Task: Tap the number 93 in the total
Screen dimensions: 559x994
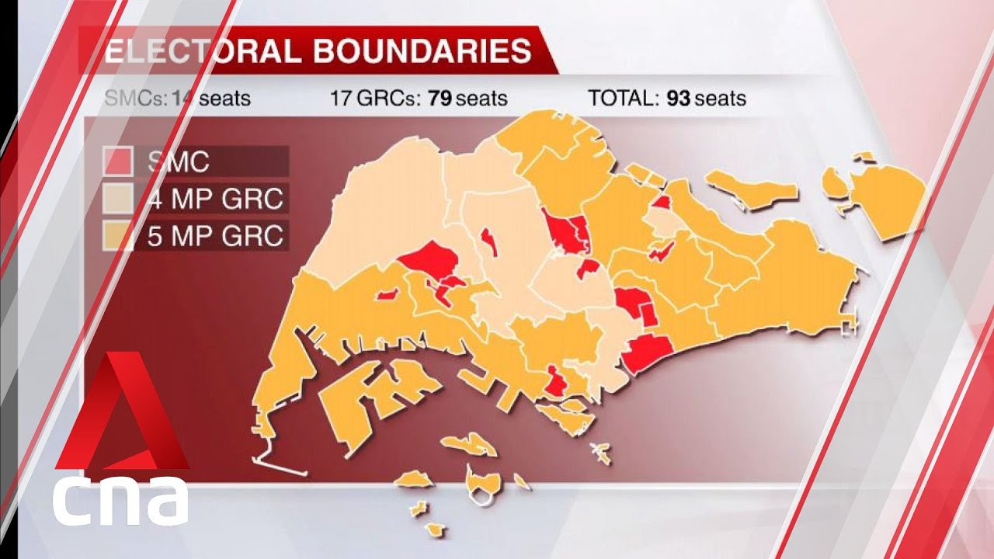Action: click(677, 99)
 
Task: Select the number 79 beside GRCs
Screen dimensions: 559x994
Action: click(440, 99)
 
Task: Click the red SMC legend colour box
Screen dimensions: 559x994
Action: click(118, 161)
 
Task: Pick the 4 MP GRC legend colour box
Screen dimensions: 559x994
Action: click(118, 200)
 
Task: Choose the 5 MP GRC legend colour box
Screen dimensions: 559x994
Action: click(118, 235)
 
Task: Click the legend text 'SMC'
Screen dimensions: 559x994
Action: click(178, 161)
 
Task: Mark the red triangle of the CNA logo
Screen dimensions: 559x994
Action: click(121, 419)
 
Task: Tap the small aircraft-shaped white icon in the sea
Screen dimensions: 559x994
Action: click(599, 450)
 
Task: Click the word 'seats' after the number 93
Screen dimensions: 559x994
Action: click(720, 99)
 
